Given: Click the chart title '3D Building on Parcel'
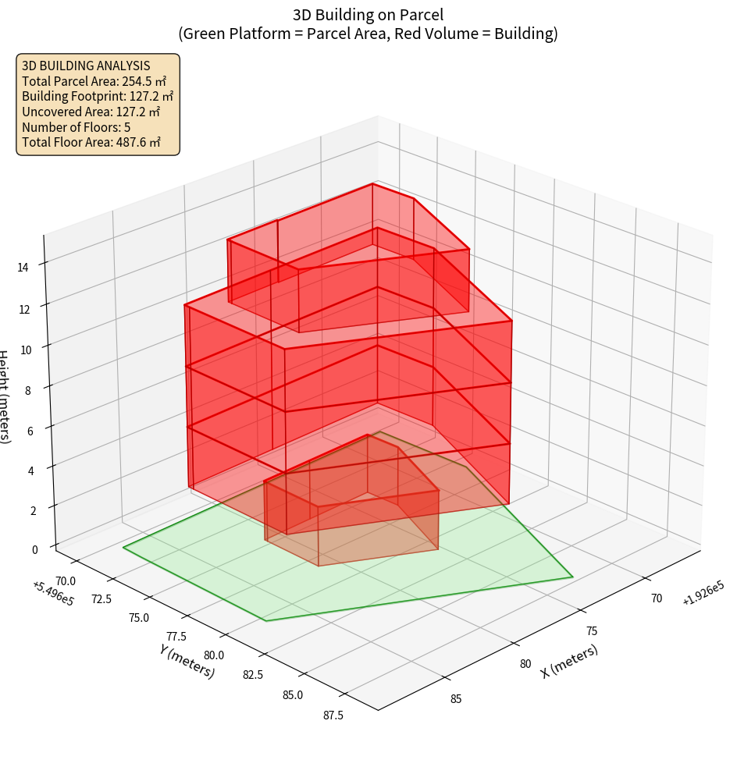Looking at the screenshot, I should [368, 14].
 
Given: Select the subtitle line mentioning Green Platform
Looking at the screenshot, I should [368, 34].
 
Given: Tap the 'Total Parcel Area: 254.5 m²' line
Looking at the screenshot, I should [94, 80].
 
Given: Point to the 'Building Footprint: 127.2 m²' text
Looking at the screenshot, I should [98, 96].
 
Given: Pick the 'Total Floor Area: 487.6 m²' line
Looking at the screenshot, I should [91, 142].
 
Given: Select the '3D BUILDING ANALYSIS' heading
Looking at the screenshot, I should [86, 66].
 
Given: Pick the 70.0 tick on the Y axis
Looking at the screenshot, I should [66, 580].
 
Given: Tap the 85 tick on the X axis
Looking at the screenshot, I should [456, 698].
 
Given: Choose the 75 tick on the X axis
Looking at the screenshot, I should [591, 630].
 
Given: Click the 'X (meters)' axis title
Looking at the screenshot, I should [569, 662].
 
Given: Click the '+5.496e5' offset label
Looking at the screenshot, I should [53, 593].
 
